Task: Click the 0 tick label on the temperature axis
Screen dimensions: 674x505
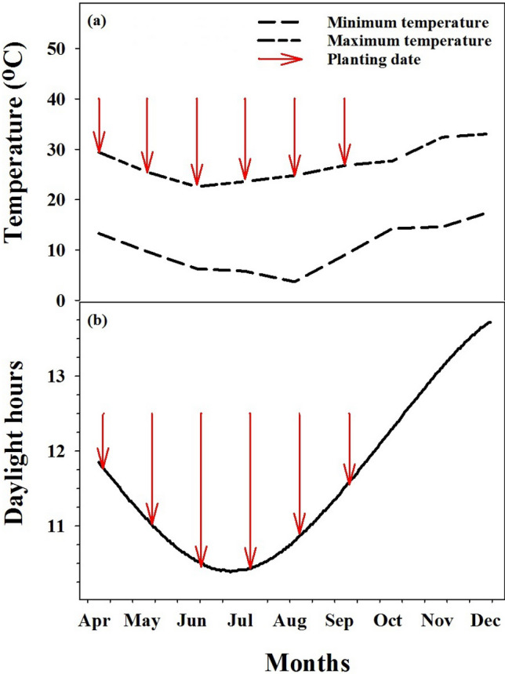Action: [x=67, y=301]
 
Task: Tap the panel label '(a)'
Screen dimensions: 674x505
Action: [x=99, y=20]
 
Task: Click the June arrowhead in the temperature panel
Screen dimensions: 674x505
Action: [x=197, y=177]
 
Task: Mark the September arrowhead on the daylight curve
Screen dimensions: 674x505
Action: [x=349, y=475]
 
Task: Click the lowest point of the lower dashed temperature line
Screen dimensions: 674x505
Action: [x=294, y=281]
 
